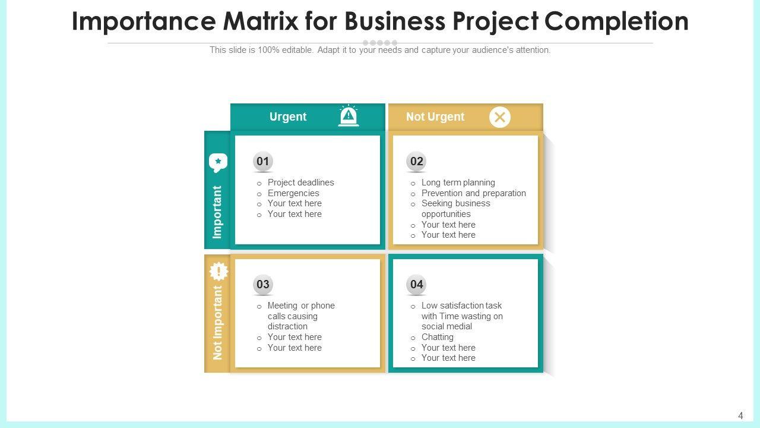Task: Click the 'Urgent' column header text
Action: point(288,117)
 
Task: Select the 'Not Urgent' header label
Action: point(435,117)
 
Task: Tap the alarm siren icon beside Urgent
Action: point(349,116)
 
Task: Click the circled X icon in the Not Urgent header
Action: point(500,117)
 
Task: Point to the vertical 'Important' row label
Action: point(217,212)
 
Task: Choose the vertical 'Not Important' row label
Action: point(218,323)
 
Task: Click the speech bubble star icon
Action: point(218,162)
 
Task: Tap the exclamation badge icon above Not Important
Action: point(218,272)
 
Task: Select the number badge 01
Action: point(263,161)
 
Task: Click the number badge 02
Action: point(417,161)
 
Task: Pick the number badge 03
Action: point(263,285)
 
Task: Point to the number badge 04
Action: point(417,285)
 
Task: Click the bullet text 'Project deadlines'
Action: point(300,182)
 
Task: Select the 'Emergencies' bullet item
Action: point(293,193)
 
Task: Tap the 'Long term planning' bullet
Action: point(458,182)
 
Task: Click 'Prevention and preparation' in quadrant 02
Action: point(473,193)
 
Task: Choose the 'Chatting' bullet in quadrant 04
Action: point(437,337)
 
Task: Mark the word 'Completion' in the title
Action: point(616,21)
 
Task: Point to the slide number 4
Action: point(740,416)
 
